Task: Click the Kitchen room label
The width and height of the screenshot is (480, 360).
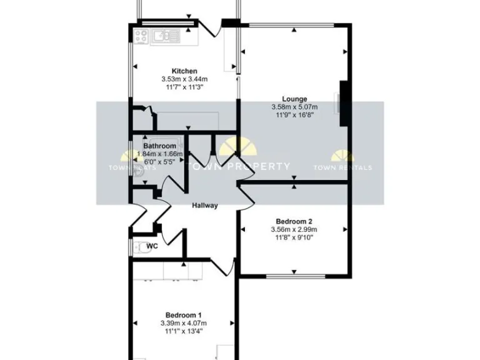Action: click(184, 71)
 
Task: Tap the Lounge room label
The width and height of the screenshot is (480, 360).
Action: click(294, 99)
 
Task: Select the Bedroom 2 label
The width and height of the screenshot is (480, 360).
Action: click(294, 221)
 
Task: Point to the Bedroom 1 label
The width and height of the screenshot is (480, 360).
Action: click(184, 315)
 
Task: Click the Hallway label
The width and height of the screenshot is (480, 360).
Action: click(204, 205)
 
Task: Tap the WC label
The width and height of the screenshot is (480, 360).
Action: click(151, 246)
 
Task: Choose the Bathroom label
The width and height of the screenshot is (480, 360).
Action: click(159, 146)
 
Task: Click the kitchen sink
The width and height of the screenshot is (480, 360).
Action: click(166, 36)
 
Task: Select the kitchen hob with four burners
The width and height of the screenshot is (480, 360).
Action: click(140, 36)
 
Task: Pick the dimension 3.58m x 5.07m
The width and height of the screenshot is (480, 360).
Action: click(294, 107)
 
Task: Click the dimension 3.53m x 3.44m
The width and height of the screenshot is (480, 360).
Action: click(184, 79)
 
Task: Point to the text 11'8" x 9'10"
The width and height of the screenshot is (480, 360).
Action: click(294, 237)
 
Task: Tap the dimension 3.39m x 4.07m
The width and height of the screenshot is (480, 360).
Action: click(184, 323)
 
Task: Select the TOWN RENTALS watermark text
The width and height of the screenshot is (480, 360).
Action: click(342, 167)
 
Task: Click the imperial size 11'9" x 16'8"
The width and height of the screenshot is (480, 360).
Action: click(294, 115)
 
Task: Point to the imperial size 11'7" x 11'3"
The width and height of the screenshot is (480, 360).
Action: click(184, 87)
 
